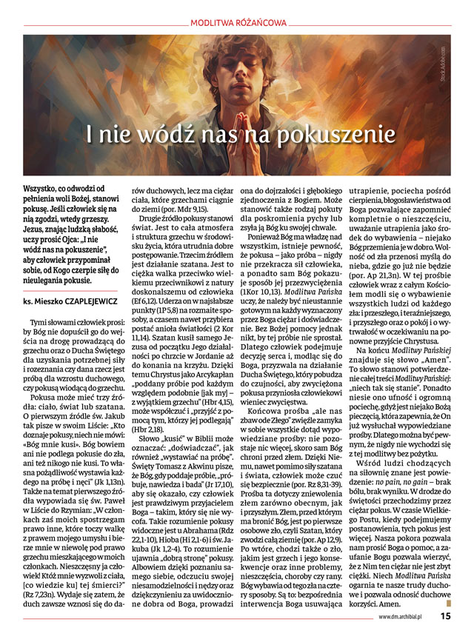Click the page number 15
[x=446, y=614]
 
